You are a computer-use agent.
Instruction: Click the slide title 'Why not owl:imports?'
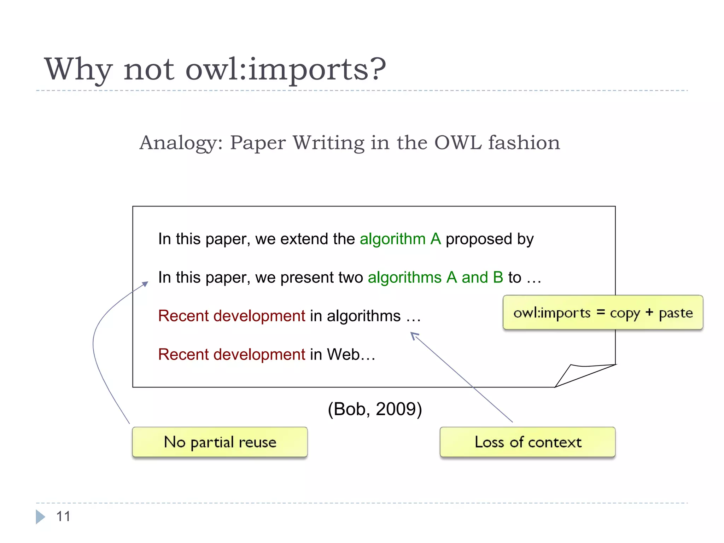(x=215, y=69)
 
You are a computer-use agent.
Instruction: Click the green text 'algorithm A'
(x=400, y=239)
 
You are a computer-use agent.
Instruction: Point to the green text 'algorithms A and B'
(x=435, y=278)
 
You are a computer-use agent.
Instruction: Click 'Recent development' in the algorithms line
(x=232, y=316)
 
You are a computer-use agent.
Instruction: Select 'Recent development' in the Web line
(x=232, y=355)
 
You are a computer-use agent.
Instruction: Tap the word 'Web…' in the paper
(x=351, y=355)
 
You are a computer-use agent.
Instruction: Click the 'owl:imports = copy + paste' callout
(x=603, y=313)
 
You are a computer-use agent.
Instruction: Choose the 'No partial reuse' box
(x=220, y=442)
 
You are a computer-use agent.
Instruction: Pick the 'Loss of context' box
(x=527, y=442)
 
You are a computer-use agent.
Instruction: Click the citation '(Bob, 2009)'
(x=375, y=409)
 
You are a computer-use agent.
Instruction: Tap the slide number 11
(x=63, y=516)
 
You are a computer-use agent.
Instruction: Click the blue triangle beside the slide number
(x=40, y=516)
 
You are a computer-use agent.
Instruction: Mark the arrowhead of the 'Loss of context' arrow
(x=414, y=335)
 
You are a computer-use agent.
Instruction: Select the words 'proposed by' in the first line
(x=489, y=239)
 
